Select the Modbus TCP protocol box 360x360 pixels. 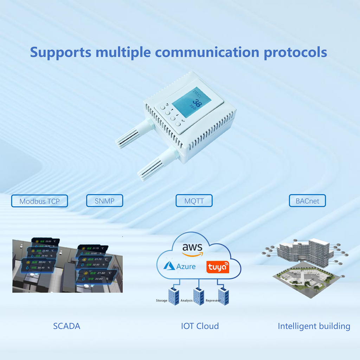coord(39,201)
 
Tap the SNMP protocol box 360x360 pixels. coord(104,201)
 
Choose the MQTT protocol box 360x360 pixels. coord(194,201)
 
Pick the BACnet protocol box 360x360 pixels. coord(307,201)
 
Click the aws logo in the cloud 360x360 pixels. coord(192,249)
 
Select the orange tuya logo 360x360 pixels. coord(218,267)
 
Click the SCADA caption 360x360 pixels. coord(66,326)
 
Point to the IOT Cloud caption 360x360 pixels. coord(200,326)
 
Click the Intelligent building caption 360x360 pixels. coord(314,326)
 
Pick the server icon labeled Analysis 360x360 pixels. coord(198,295)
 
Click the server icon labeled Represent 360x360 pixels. coord(224,295)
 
